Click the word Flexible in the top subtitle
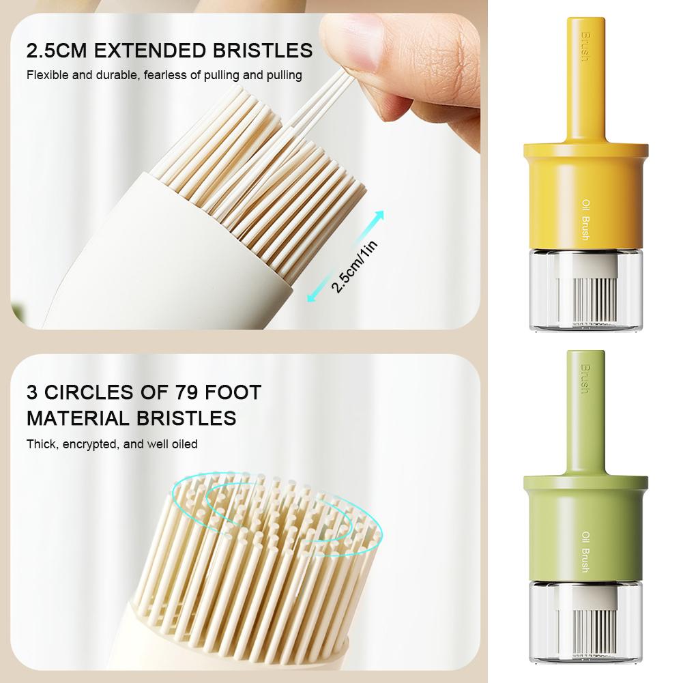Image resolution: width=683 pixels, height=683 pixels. click(48, 75)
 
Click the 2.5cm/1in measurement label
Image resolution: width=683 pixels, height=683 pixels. click(354, 267)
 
